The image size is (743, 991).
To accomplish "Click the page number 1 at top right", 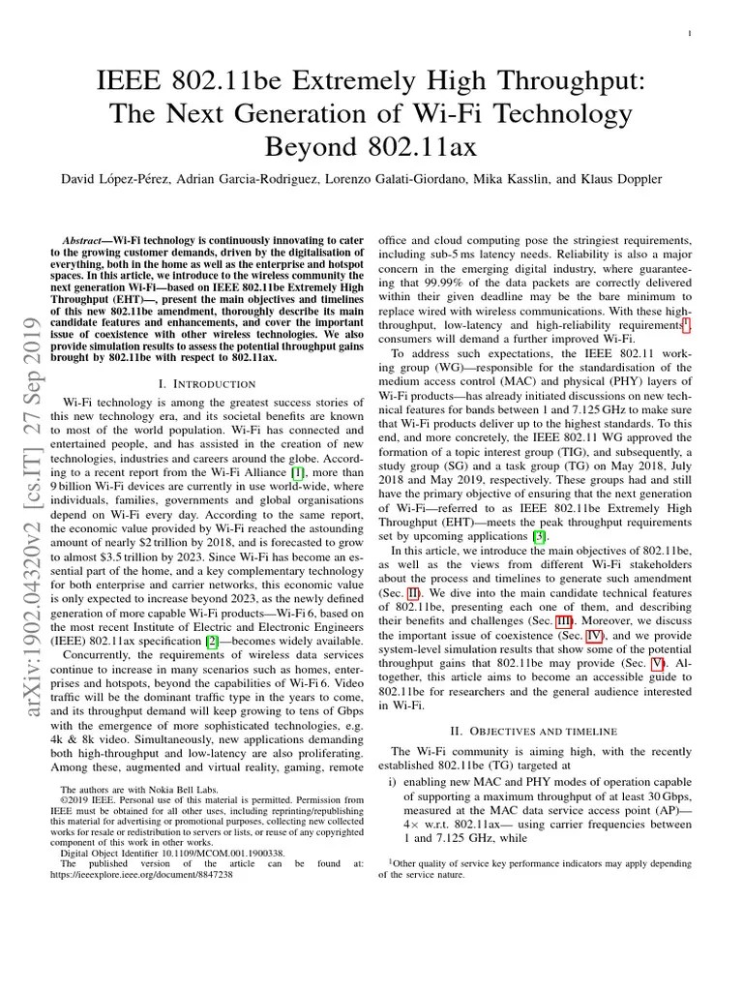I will coord(688,34).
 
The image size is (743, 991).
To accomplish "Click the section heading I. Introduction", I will coord(206,384).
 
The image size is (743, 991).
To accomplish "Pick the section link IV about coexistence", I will coord(600,636).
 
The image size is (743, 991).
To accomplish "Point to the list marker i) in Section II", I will coord(392,782).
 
